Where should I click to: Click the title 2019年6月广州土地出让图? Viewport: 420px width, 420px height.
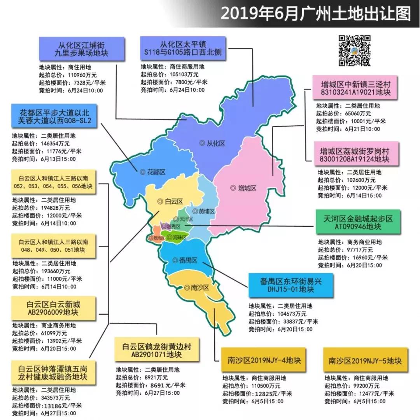(x=316, y=14)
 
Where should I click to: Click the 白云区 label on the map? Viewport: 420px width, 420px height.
(x=171, y=201)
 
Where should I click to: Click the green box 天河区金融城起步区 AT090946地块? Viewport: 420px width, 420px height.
(x=358, y=222)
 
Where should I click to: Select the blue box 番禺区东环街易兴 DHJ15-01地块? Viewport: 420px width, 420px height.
(x=290, y=285)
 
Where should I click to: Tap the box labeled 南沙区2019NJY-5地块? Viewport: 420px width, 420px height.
(x=365, y=360)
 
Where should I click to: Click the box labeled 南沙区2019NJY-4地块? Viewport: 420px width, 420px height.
(x=264, y=360)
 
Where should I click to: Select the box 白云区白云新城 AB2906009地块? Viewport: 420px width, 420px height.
(x=54, y=308)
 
